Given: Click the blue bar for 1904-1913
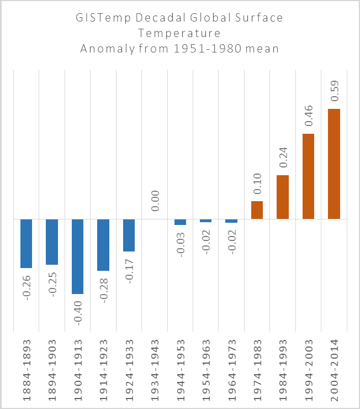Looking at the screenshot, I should click(77, 256).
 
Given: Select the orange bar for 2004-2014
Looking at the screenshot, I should click(334, 164).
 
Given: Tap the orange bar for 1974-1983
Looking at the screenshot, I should click(257, 210).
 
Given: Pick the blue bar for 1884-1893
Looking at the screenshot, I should click(26, 244).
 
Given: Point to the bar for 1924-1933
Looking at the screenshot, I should click(129, 235).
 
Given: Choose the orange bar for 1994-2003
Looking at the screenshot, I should click(308, 176).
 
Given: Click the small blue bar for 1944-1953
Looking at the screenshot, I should click(180, 222).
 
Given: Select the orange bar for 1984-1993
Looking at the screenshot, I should click(283, 197).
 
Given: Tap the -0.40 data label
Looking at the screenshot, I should click(78, 312).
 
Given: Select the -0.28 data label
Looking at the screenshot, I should click(104, 289).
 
